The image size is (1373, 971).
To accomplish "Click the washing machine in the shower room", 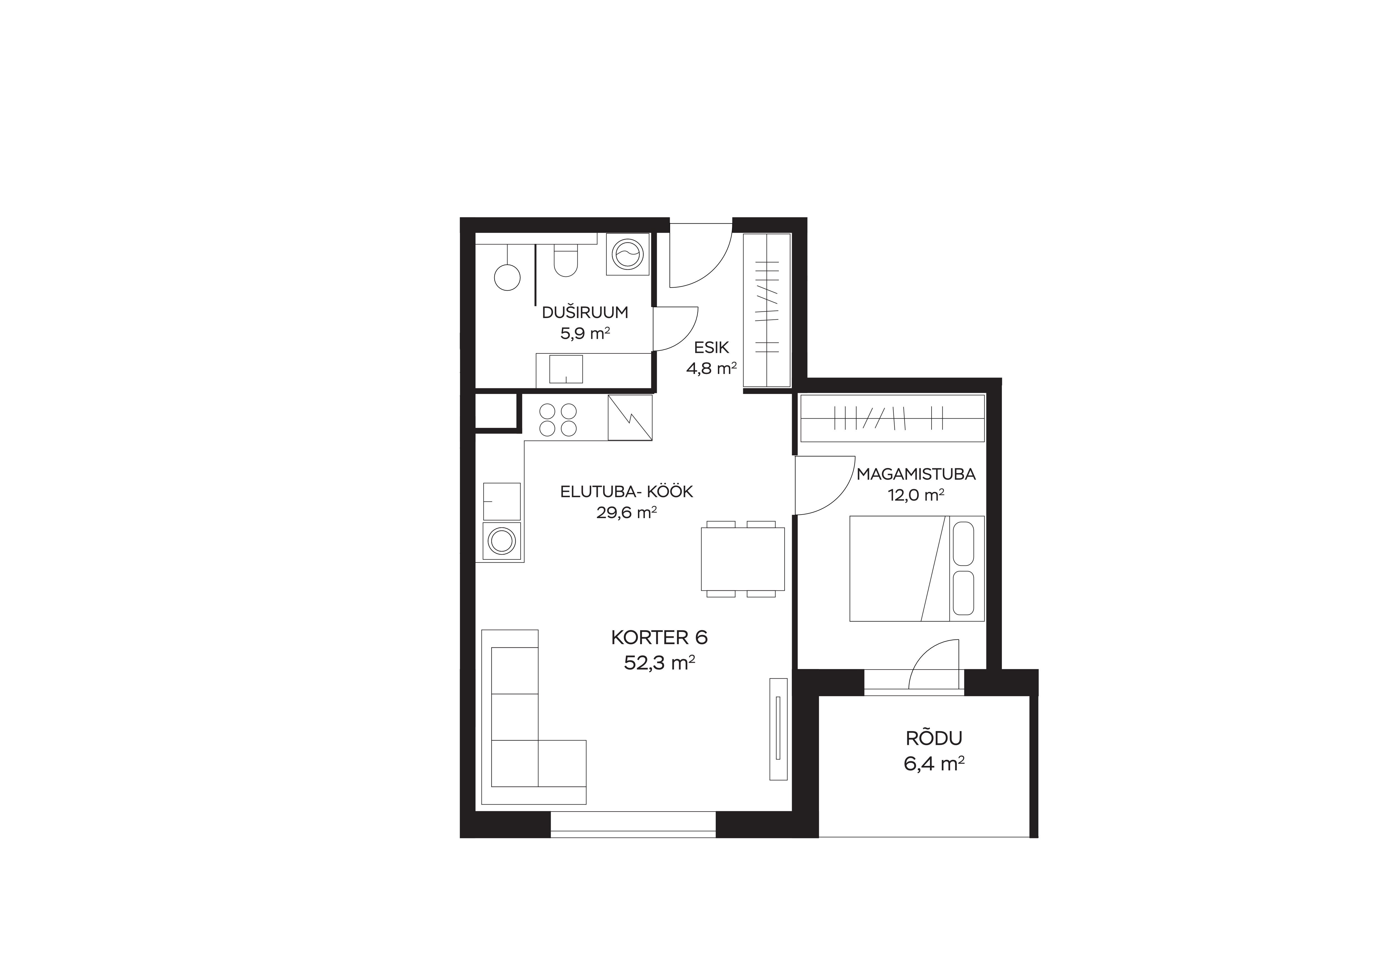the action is [627, 254].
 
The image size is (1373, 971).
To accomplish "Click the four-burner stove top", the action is [558, 420].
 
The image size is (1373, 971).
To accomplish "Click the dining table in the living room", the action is [743, 559].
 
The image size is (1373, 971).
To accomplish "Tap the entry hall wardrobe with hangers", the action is [767, 310].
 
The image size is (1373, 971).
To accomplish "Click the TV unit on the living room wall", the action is [778, 729].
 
